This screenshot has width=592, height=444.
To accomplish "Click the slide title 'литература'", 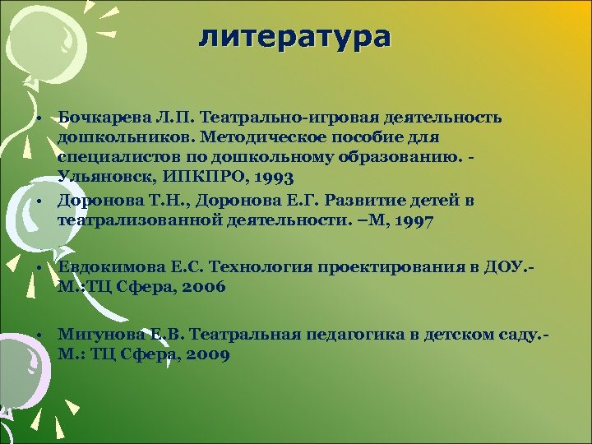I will [x=295, y=37].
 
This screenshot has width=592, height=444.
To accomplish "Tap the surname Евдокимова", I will [x=103, y=268].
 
